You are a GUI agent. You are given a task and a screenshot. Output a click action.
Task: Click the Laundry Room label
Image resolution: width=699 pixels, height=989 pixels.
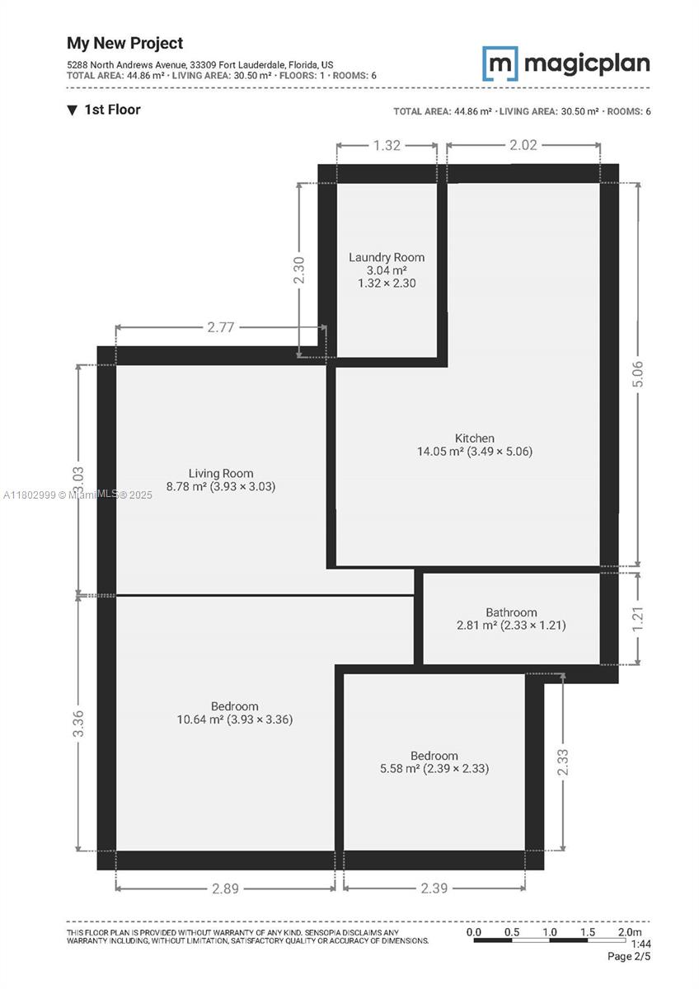[x=387, y=257]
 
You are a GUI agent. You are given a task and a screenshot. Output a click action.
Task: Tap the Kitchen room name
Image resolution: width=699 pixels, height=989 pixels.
[x=475, y=438]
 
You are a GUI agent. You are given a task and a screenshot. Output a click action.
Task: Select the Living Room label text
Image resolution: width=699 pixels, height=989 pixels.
[x=220, y=473]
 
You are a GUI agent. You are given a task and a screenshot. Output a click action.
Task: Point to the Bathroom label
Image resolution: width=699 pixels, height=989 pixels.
[x=511, y=612]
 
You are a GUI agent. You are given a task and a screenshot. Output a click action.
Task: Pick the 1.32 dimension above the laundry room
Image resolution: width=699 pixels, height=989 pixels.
[x=387, y=146]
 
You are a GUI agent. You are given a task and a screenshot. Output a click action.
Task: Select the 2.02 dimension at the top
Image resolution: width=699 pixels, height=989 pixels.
[x=523, y=146]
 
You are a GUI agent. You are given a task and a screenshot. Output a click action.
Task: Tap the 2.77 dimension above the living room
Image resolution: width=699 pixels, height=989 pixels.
[x=221, y=327]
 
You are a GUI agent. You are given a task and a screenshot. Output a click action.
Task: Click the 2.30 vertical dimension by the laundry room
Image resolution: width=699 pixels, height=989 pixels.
[x=299, y=270]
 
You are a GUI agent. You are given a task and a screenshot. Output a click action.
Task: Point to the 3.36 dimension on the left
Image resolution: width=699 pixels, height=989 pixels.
[x=79, y=723]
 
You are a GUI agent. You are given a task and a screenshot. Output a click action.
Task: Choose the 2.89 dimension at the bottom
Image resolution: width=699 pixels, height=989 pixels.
[x=225, y=888]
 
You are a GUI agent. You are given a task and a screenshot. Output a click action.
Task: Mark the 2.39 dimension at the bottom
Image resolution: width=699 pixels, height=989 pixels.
[x=434, y=888]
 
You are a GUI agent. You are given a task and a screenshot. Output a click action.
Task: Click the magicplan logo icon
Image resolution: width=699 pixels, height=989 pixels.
[x=500, y=63]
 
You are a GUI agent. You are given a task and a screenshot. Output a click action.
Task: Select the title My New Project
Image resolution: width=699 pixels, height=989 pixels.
[x=125, y=43]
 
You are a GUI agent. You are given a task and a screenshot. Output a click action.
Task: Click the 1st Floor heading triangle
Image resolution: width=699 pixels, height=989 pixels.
[x=73, y=110]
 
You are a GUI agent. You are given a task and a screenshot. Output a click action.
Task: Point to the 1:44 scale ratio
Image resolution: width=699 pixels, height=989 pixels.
[x=640, y=944]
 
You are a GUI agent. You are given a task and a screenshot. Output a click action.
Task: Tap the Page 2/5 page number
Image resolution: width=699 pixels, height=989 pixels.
[x=629, y=957]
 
